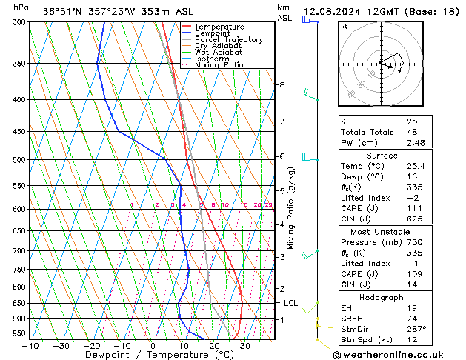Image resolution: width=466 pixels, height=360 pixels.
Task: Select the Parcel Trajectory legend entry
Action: [x=228, y=39]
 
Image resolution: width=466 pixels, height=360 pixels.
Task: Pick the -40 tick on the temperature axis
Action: [x=30, y=346]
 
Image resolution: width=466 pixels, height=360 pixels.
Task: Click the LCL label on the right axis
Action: [x=291, y=303]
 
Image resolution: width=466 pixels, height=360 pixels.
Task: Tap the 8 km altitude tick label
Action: [x=282, y=85]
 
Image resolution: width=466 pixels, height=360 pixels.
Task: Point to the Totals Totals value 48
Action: [x=412, y=132]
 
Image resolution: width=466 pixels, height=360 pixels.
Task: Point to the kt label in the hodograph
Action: [x=344, y=26]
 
